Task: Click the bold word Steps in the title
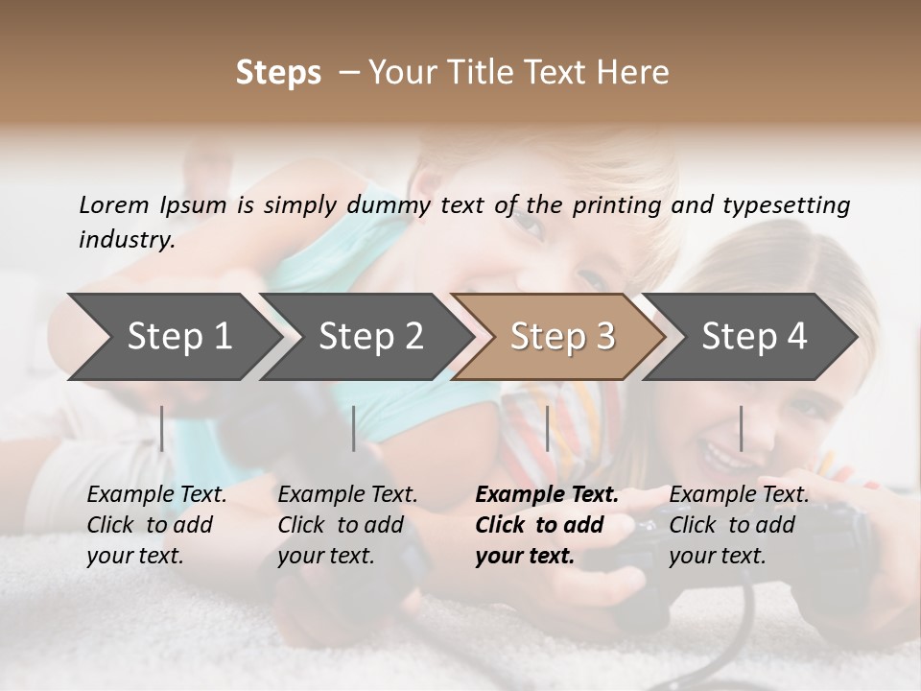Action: [x=278, y=73]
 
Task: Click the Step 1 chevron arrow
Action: [x=173, y=337]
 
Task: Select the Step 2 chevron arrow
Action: [x=365, y=337]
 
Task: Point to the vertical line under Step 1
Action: [x=162, y=428]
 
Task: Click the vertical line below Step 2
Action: [x=354, y=428]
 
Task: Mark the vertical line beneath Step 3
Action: [x=548, y=428]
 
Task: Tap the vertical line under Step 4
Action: [x=742, y=428]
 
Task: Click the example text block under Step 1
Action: [x=155, y=525]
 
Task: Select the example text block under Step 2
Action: [x=346, y=525]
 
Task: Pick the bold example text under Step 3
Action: [x=546, y=525]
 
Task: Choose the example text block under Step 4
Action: [x=738, y=525]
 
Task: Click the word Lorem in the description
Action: [x=114, y=204]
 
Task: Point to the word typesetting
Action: [x=786, y=205]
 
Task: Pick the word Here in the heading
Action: [x=636, y=73]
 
